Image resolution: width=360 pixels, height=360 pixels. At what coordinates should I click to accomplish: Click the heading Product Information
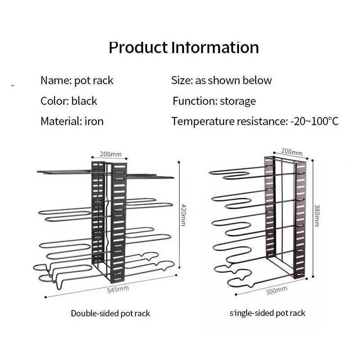(184, 48)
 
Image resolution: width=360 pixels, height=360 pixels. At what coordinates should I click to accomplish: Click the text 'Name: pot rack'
(77, 81)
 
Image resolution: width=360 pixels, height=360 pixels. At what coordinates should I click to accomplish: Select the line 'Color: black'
(69, 101)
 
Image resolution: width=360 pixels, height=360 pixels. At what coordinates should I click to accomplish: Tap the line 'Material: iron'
(72, 121)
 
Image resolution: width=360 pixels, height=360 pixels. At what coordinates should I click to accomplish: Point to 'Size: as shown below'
(221, 81)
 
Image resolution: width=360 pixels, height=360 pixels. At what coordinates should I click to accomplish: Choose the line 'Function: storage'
(214, 101)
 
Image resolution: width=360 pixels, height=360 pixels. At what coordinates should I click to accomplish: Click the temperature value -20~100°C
(314, 121)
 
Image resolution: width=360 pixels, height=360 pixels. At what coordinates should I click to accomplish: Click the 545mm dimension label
(118, 289)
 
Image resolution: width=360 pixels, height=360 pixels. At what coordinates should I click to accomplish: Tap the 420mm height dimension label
(183, 215)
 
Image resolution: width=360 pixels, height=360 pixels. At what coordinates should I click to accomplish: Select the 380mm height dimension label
(317, 216)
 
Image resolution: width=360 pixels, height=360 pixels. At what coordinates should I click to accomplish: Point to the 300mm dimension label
(276, 290)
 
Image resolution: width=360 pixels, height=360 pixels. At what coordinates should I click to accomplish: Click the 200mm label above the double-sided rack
(111, 154)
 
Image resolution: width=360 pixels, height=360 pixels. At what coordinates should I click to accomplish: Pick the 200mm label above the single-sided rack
(292, 152)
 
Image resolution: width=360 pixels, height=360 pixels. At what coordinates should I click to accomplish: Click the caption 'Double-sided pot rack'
(110, 313)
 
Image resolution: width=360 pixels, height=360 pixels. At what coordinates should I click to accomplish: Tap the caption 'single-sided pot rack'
(267, 313)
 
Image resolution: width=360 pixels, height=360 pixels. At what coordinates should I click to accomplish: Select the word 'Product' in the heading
(138, 48)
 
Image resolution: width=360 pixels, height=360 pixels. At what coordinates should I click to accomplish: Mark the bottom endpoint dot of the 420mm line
(179, 267)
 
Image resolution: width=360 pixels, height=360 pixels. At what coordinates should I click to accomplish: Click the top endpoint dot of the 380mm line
(312, 160)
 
